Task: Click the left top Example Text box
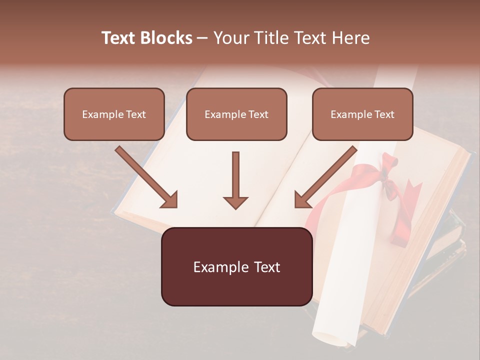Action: pos(114,114)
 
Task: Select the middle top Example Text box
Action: pos(236,114)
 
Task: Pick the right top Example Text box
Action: pos(362,114)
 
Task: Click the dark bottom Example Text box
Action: pos(236,266)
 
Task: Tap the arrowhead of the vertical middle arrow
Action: pos(235,202)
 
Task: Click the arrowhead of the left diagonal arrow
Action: pos(169,199)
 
